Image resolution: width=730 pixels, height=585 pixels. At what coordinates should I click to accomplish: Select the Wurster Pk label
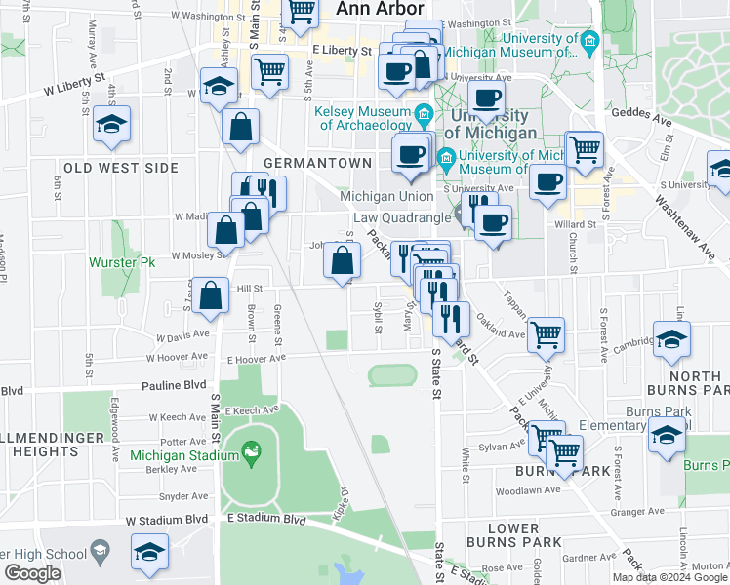coord(122,263)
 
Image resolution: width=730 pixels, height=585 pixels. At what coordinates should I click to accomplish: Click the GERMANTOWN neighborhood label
coord(317,163)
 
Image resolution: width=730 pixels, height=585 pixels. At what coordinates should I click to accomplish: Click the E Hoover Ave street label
coord(256,358)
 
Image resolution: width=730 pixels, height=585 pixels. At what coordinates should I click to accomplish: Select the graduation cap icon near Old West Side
coord(113,126)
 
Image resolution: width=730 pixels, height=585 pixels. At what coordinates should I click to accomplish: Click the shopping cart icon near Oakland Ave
coord(547,334)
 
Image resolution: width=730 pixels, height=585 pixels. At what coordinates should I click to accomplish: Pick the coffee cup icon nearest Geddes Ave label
coord(486,98)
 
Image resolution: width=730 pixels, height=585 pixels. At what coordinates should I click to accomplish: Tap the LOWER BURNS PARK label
coord(512,533)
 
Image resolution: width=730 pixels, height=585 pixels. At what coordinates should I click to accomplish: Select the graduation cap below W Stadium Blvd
coord(149,553)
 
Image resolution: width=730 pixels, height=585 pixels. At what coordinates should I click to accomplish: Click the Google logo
coord(31,573)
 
